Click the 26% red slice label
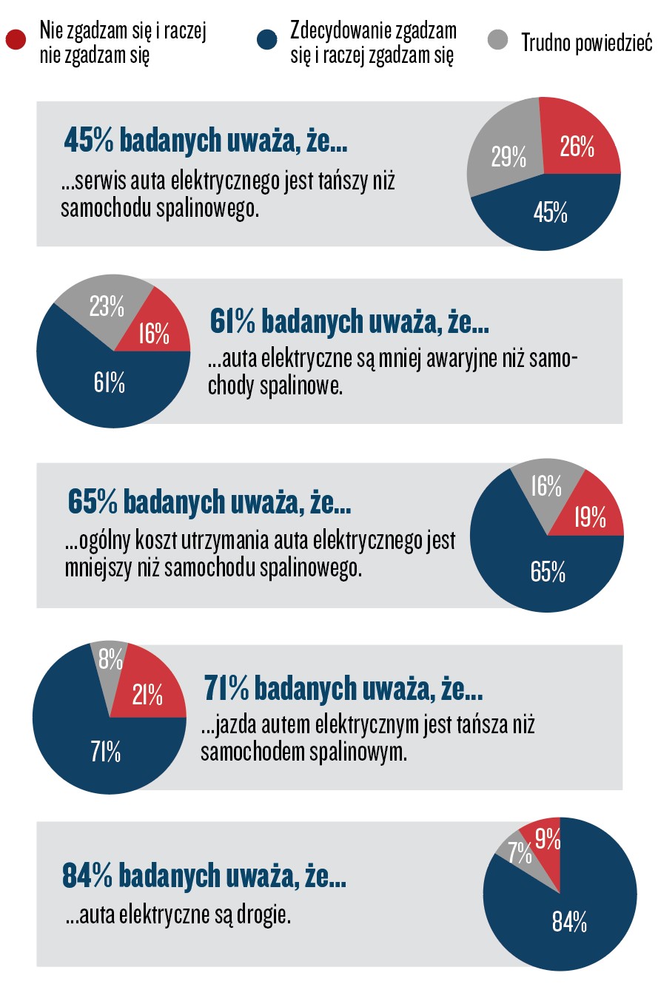[577, 148]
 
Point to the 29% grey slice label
[508, 158]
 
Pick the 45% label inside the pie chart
[550, 214]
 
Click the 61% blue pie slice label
[108, 384]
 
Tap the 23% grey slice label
[106, 306]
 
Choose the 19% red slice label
[589, 516]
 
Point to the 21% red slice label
[147, 695]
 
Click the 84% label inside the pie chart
[570, 922]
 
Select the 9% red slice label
[547, 838]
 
